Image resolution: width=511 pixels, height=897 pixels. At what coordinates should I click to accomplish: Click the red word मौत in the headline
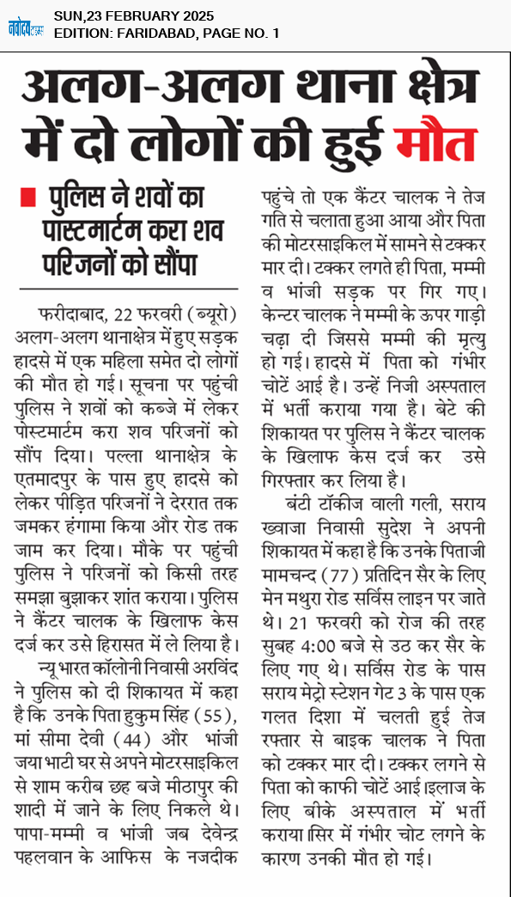[435, 143]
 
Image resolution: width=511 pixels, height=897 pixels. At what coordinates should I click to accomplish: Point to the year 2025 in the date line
[196, 16]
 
